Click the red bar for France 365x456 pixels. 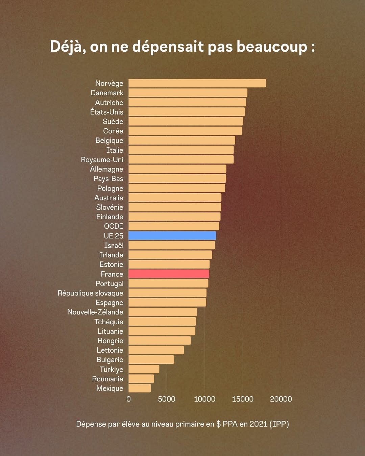169,274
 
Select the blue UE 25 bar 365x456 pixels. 172,236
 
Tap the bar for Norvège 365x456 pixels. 197,83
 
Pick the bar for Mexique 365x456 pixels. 140,388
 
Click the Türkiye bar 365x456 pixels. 144,369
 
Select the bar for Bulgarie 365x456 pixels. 151,360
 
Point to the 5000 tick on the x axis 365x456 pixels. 167,399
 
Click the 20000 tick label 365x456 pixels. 281,399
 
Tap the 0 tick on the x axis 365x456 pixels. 128,399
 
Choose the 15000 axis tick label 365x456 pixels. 243,399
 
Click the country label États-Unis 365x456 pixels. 106,112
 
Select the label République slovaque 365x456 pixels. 90,293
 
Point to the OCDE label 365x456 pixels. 114,226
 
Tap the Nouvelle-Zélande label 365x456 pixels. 95,312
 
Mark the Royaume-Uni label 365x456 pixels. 102,160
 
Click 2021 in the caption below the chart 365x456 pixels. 258,424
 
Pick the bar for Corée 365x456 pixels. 185,131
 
